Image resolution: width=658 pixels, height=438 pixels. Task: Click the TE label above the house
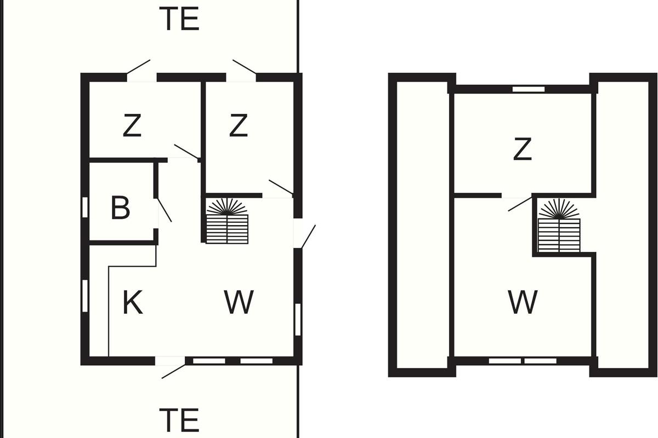179,19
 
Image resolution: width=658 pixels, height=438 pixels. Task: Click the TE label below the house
179,420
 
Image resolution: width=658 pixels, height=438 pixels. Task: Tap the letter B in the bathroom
121,208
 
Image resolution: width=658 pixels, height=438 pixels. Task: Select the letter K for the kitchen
133,302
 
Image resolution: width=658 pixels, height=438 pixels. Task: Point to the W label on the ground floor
239,302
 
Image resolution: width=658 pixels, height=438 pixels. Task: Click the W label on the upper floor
523,302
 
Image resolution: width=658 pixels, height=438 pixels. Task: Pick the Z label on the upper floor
523,149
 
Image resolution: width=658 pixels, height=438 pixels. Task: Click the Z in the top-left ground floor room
132,125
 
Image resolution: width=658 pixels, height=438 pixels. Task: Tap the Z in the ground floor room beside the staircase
239,125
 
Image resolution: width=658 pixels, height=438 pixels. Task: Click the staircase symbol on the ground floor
227,221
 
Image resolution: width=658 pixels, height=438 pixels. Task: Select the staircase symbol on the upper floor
559,226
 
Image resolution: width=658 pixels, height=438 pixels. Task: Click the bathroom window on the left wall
85,208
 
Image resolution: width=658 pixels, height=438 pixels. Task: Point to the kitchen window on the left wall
85,296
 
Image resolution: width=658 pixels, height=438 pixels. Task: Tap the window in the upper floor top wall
529,89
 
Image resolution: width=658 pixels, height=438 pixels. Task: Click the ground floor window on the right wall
298,320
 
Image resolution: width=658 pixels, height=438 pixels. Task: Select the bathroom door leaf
164,210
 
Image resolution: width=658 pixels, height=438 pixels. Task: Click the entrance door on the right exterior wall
308,237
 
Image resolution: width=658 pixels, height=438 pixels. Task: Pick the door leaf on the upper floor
520,204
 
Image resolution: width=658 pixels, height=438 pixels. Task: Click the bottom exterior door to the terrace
174,371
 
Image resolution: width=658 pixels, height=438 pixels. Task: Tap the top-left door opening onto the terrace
138,67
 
